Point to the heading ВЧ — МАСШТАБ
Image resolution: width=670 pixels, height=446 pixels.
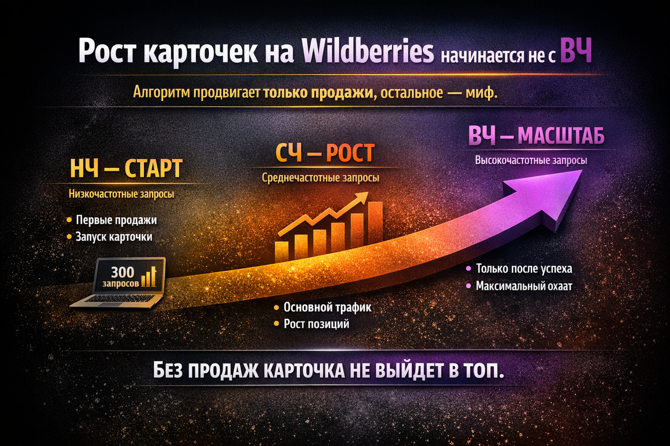536,137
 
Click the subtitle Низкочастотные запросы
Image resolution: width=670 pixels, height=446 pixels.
121,195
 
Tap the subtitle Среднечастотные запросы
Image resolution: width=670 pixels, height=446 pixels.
320,178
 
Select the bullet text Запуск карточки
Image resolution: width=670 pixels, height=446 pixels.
114,236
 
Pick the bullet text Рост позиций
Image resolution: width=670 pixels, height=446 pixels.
317,324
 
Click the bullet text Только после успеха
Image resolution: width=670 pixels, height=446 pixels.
524,269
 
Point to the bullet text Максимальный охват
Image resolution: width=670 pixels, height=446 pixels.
524,286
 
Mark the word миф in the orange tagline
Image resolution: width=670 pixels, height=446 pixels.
480,93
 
